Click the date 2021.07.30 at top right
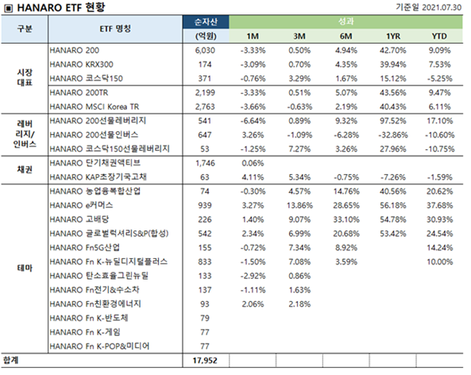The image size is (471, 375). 442,7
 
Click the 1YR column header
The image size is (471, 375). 393,37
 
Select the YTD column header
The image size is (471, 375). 439,37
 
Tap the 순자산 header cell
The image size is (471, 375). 206,22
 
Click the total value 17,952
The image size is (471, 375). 205,360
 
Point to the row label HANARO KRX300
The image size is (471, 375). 81,64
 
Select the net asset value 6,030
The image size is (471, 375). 205,50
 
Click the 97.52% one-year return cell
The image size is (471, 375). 393,121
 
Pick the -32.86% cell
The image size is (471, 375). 393,135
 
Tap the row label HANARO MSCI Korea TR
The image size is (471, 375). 95,106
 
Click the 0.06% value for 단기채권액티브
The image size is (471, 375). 253,163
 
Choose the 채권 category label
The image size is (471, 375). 25,170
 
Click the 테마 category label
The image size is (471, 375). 25,268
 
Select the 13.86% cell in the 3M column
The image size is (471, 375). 299,206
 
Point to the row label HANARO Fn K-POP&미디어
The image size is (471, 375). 99,346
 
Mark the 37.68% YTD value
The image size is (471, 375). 440,206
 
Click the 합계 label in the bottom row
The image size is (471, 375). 10,360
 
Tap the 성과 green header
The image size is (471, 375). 346,21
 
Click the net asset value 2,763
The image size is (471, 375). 205,106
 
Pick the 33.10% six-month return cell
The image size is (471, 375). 346,219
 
